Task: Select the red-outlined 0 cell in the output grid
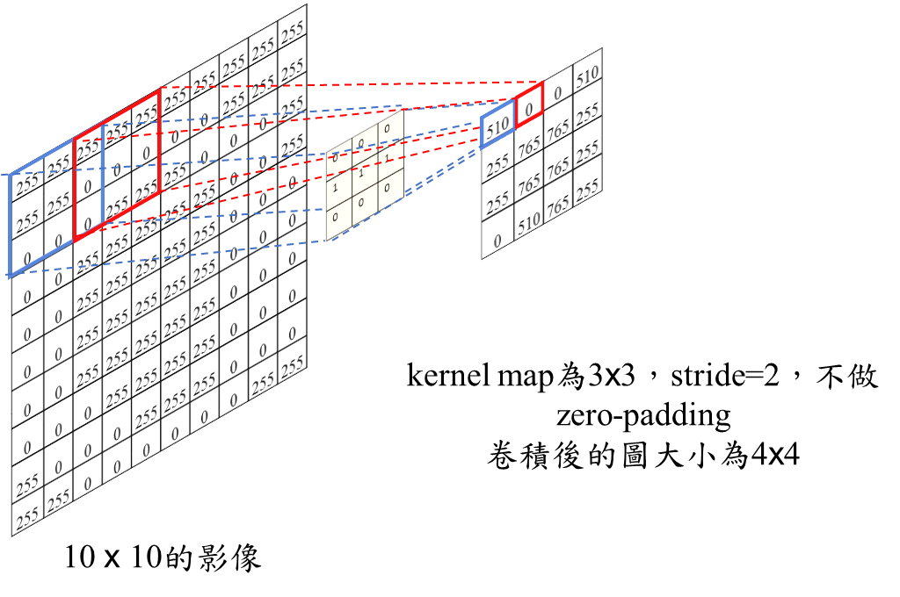[x=528, y=109]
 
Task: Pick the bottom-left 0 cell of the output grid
[x=497, y=241]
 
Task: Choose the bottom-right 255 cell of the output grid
[x=588, y=188]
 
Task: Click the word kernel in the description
[x=438, y=378]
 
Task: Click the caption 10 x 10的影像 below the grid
[x=163, y=558]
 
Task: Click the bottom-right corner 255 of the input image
[x=292, y=363]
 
